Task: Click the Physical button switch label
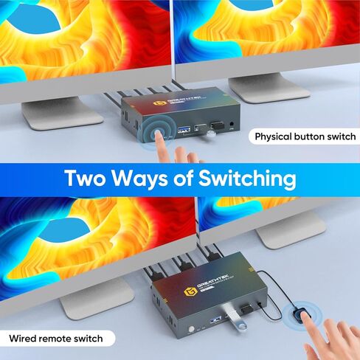click(305, 136)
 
